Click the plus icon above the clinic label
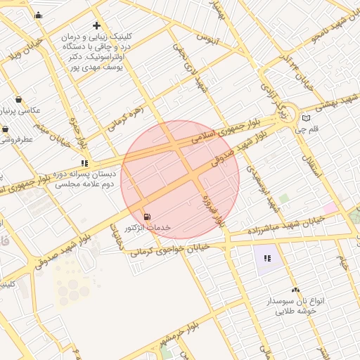click(x=96, y=25)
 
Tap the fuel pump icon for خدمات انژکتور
click(x=146, y=216)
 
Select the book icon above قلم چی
click(x=305, y=117)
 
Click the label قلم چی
click(x=307, y=129)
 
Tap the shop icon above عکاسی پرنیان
click(x=18, y=99)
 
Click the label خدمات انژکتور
click(x=148, y=228)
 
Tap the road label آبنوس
click(x=208, y=36)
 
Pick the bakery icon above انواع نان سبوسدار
click(x=295, y=290)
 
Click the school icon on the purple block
click(x=267, y=258)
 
